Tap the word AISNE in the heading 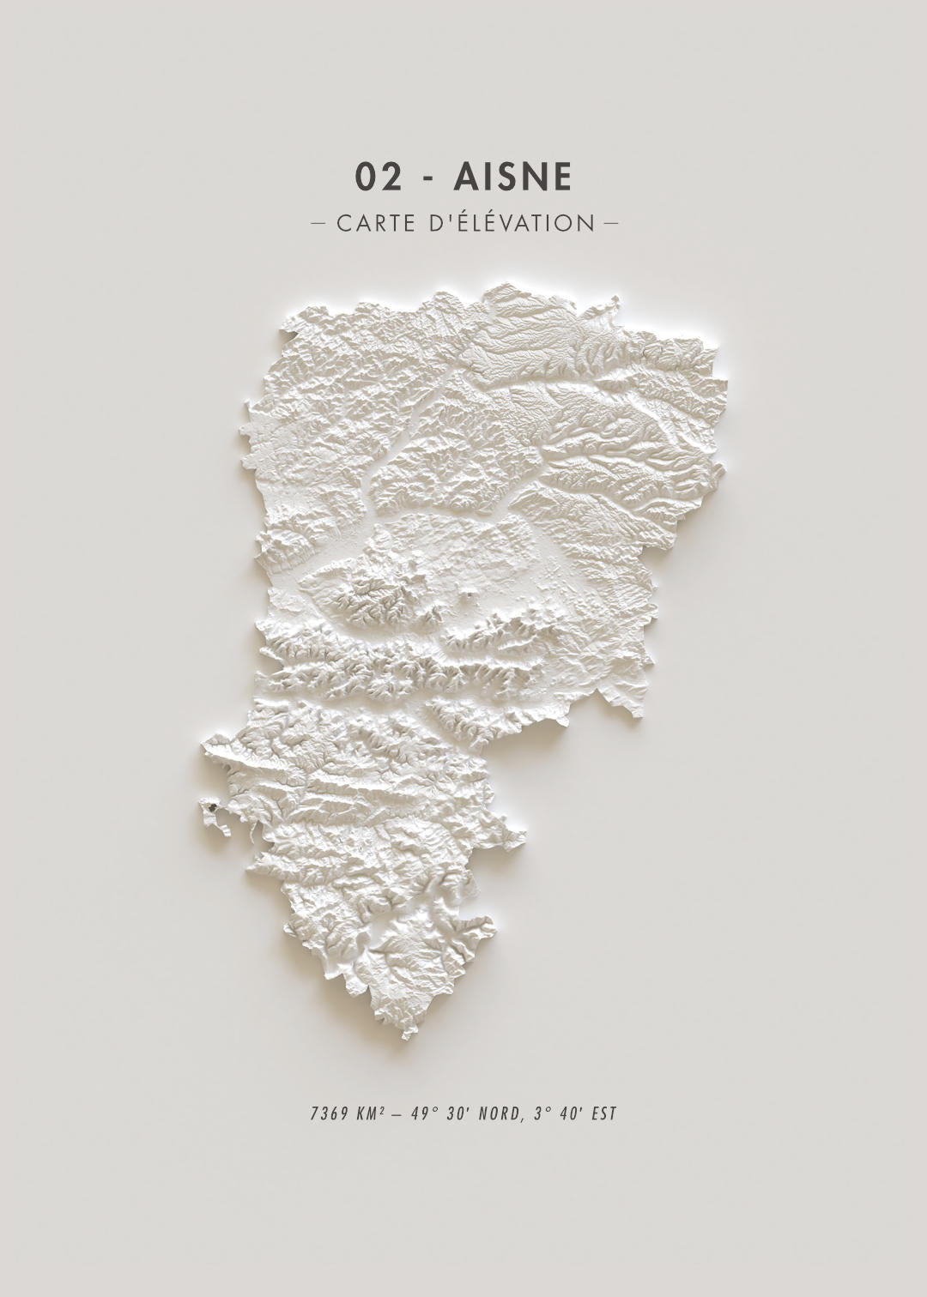coord(512,177)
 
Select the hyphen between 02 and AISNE coord(427,178)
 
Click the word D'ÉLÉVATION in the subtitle coord(512,223)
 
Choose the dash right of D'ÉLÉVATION coord(611,224)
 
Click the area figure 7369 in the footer coord(329,1114)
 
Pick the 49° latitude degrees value coord(423,1114)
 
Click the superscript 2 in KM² coord(381,1110)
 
